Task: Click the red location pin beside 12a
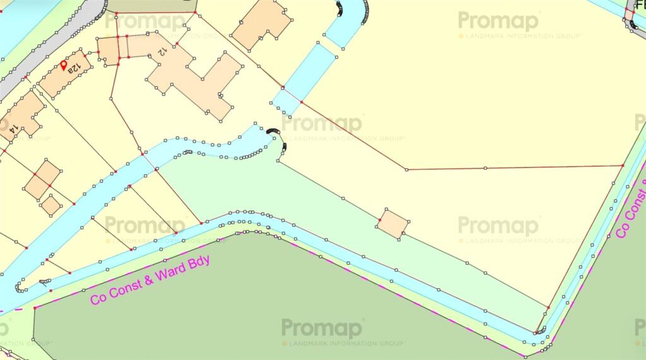[64, 65]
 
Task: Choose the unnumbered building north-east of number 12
[262, 23]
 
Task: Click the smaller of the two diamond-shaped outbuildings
[51, 204]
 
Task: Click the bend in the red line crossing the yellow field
[406, 169]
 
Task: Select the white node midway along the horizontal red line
[485, 168]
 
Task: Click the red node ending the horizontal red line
[623, 165]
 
